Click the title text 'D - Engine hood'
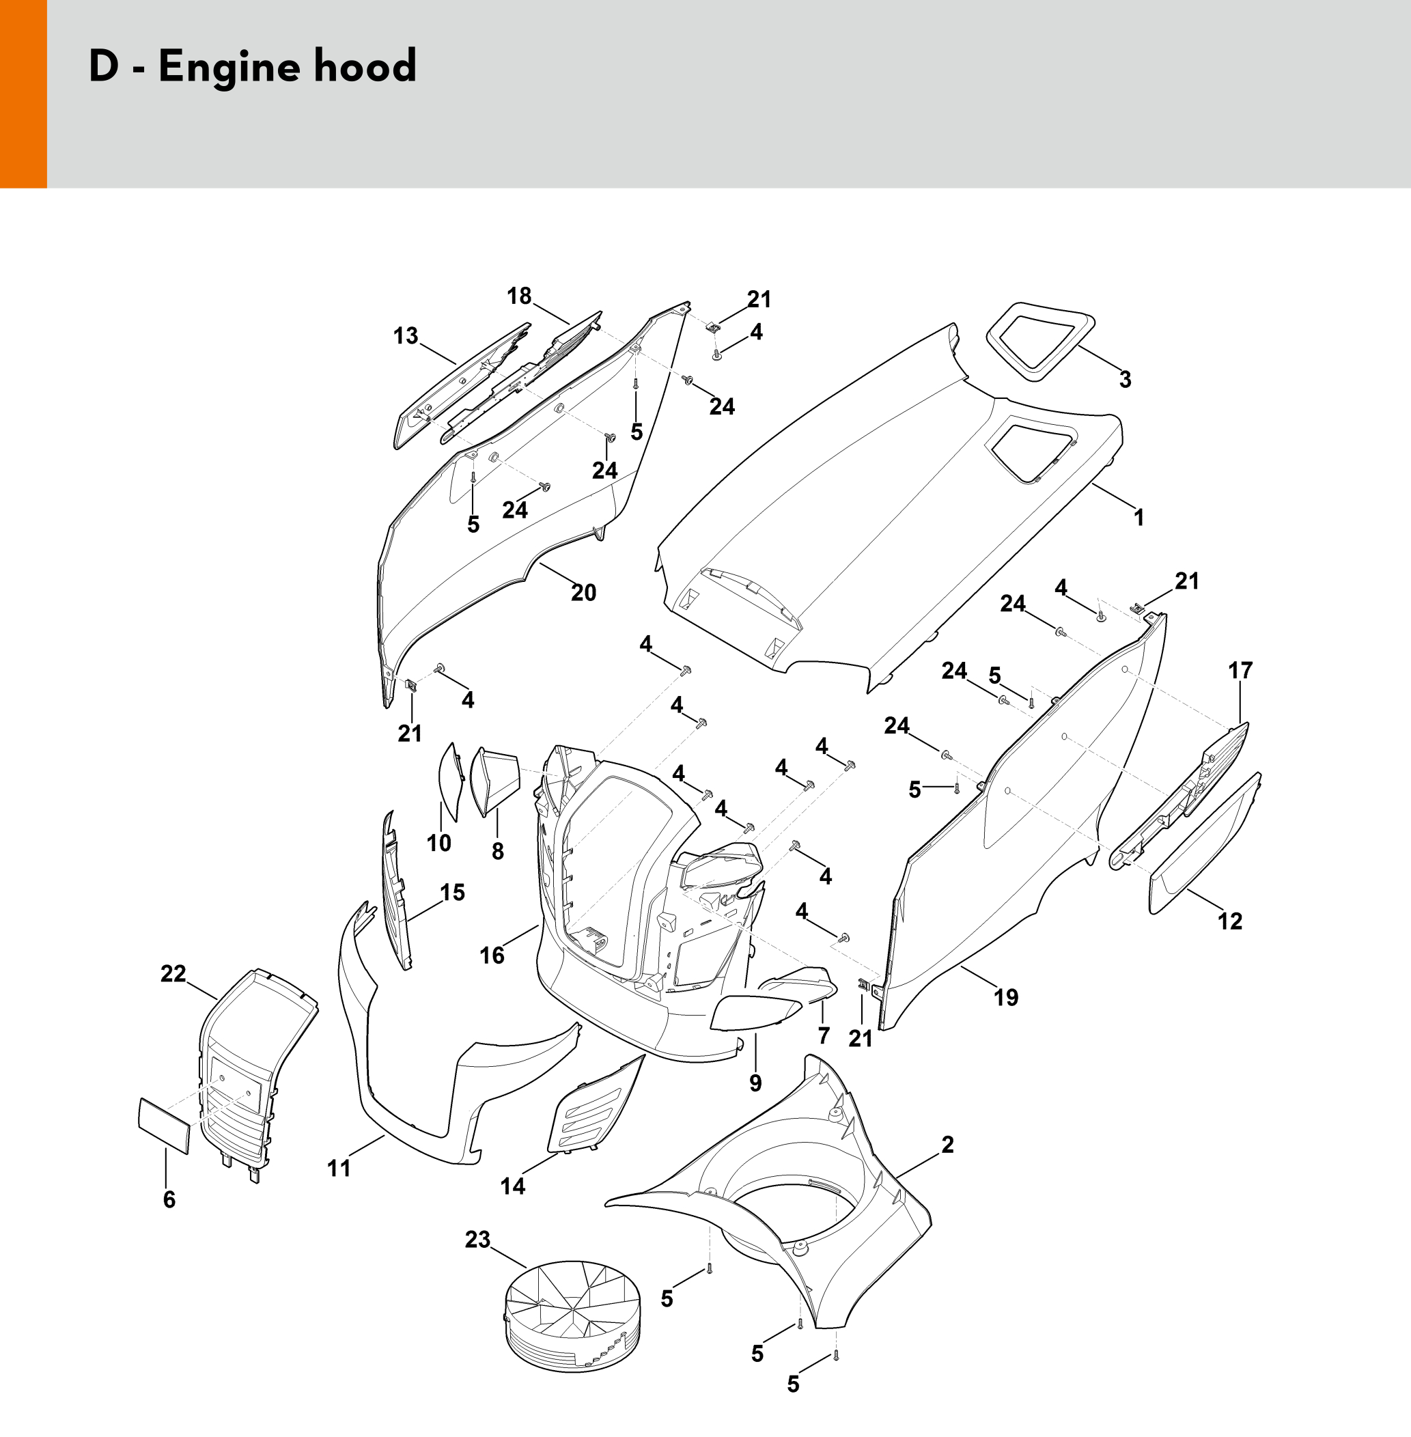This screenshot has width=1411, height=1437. click(x=253, y=67)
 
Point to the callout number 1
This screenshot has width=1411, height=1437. click(x=1139, y=517)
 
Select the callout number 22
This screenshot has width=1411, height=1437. click(x=173, y=973)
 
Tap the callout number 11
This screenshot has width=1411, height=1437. click(x=339, y=1168)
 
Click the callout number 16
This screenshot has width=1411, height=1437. click(x=492, y=955)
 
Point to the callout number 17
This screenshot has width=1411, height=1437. click(x=1240, y=670)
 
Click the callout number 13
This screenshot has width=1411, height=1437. click(x=406, y=336)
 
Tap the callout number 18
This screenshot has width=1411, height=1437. click(x=519, y=296)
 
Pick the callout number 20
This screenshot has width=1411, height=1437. click(x=583, y=592)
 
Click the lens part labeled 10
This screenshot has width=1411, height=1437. click(x=451, y=782)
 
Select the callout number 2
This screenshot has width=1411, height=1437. click(x=947, y=1144)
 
